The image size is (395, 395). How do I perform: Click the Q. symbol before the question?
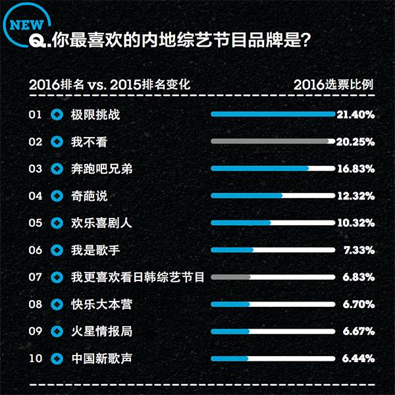(x=39, y=41)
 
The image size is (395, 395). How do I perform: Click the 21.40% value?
(x=355, y=115)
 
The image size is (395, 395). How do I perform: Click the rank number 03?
(x=36, y=169)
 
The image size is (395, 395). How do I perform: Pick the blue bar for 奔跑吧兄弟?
(x=260, y=169)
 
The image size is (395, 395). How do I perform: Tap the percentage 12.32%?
(x=355, y=196)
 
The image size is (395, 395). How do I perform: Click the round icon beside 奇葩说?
(x=57, y=196)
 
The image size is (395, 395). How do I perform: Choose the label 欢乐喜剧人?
(x=101, y=223)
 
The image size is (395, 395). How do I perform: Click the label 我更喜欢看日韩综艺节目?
(x=138, y=277)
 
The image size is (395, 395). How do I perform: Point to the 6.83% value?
(x=358, y=277)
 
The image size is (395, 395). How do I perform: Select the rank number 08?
(x=36, y=304)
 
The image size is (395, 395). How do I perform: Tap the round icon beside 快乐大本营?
(x=57, y=304)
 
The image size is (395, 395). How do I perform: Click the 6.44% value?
(x=358, y=359)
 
